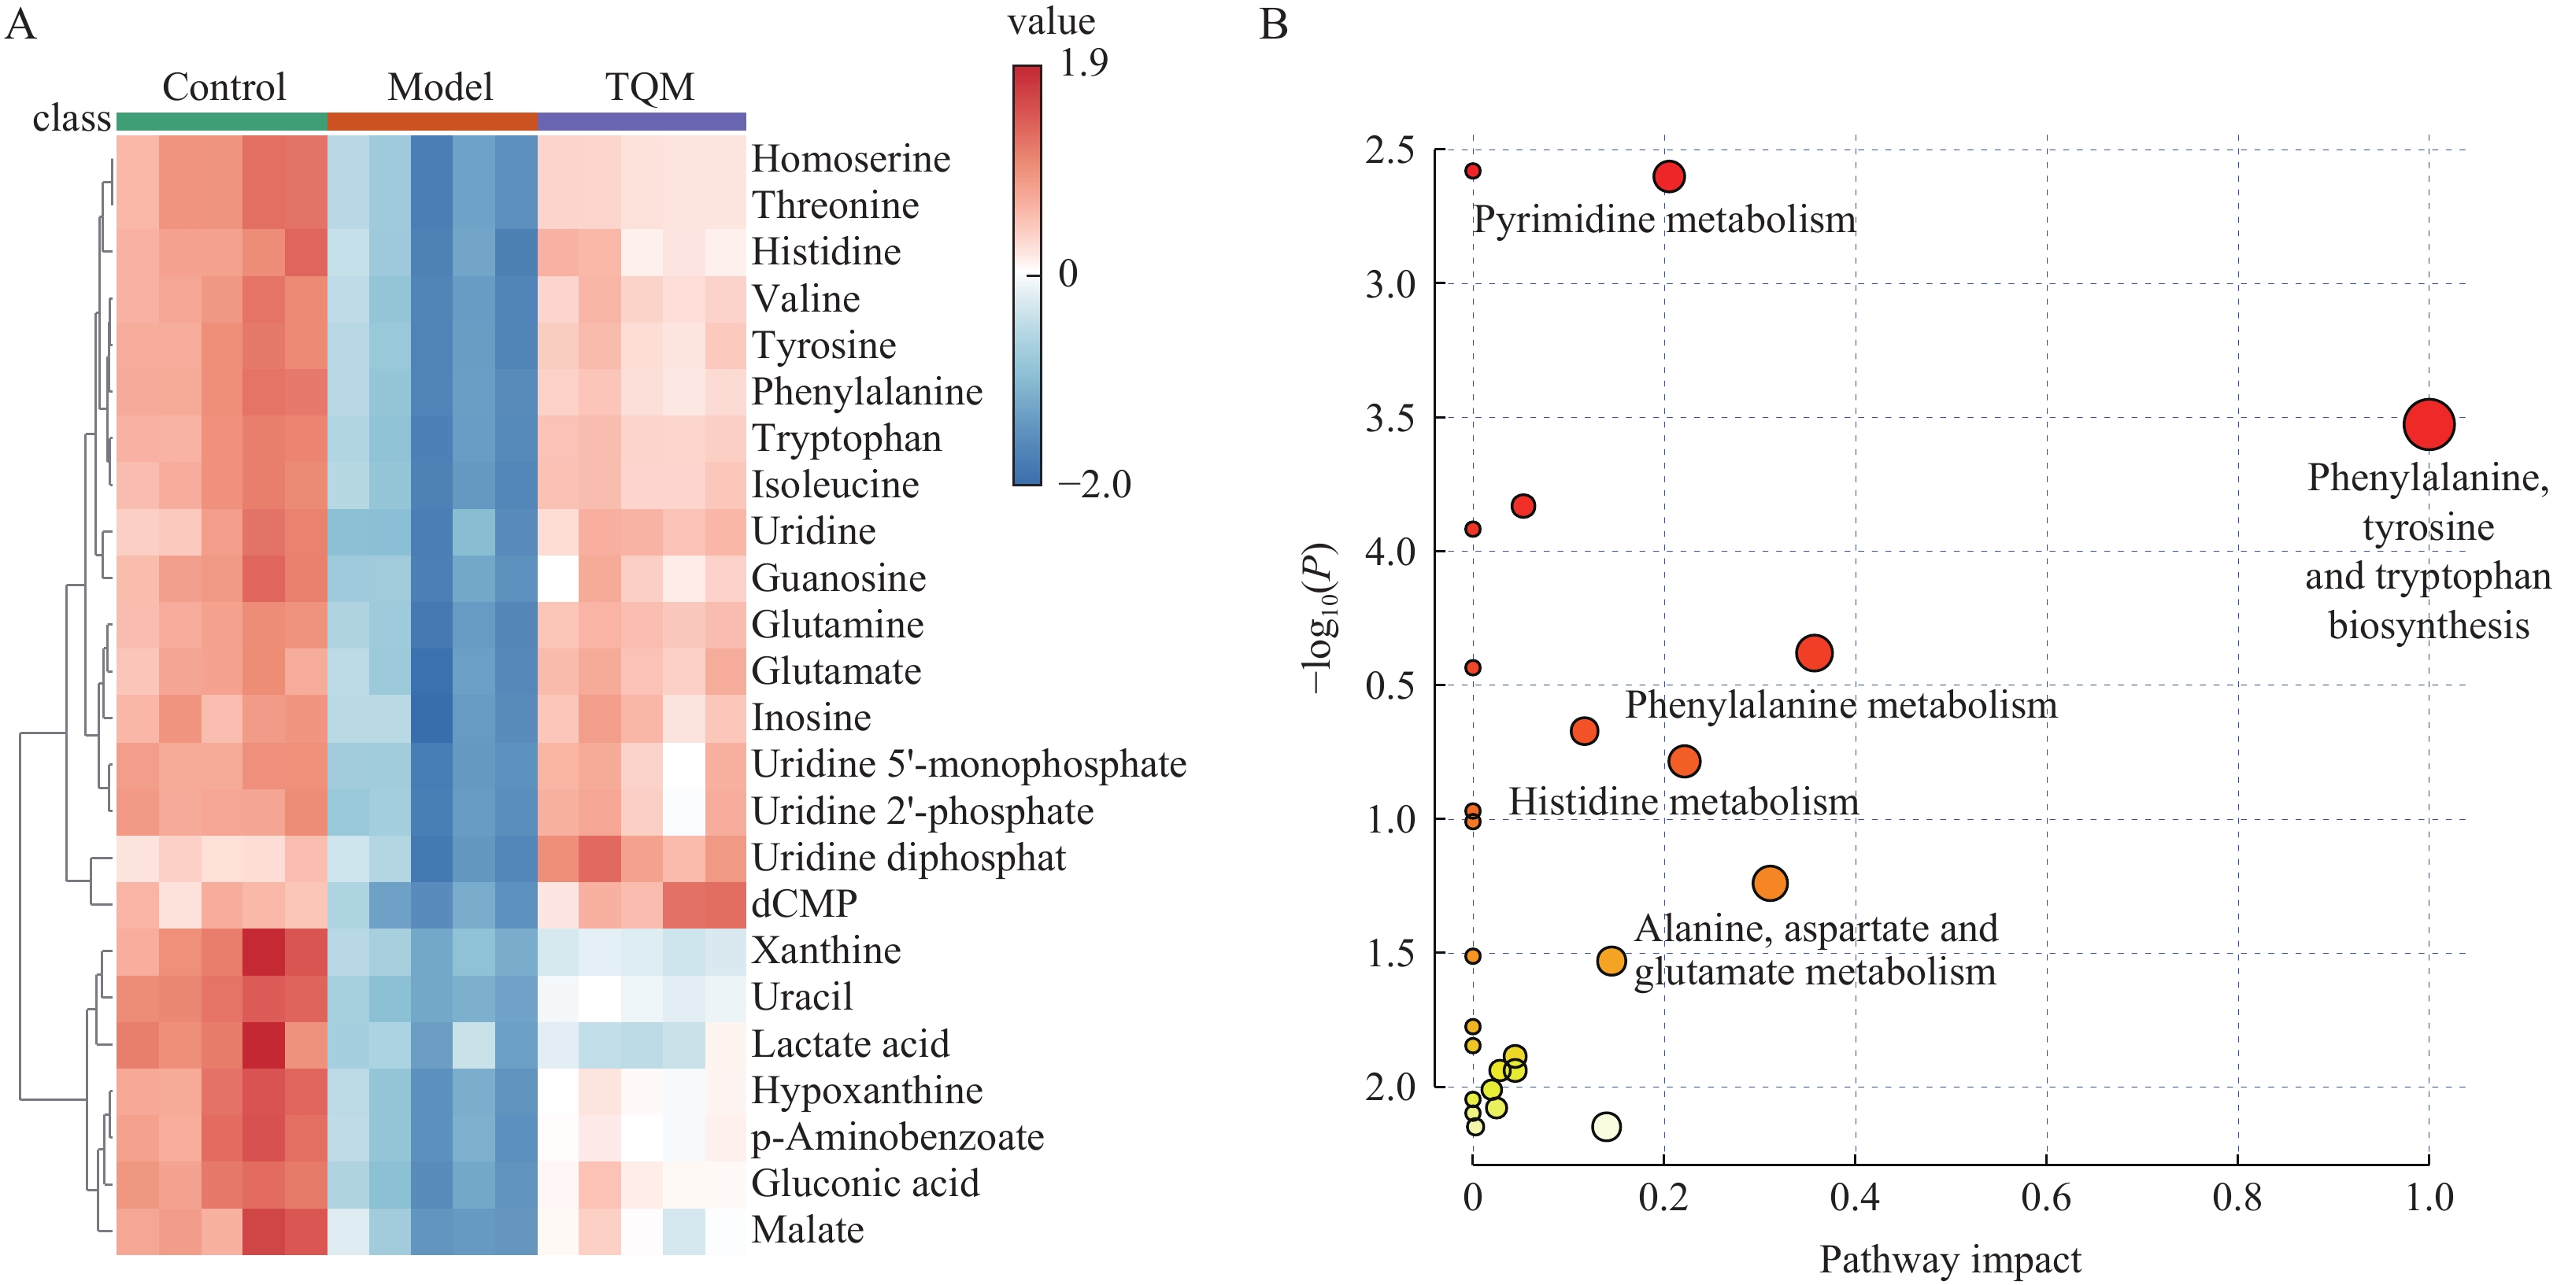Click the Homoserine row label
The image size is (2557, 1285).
pyautogui.click(x=851, y=159)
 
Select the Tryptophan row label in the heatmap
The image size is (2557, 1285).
pyautogui.click(x=846, y=438)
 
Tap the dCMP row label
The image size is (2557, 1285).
pyautogui.click(x=804, y=904)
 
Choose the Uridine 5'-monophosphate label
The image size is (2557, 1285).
pyautogui.click(x=969, y=764)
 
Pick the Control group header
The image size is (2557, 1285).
pyautogui.click(x=224, y=87)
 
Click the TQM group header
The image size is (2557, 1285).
pyautogui.click(x=650, y=87)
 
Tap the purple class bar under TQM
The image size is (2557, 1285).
pyautogui.click(x=642, y=122)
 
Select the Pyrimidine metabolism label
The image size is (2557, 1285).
pyautogui.click(x=1663, y=220)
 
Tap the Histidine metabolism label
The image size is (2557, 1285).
pyautogui.click(x=1683, y=802)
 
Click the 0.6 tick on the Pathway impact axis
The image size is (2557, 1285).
pyautogui.click(x=2046, y=1198)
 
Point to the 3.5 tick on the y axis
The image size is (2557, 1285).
pyautogui.click(x=1390, y=419)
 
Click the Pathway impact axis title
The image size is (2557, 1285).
pyautogui.click(x=1949, y=1260)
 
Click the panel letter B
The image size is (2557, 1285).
pyautogui.click(x=1274, y=24)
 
